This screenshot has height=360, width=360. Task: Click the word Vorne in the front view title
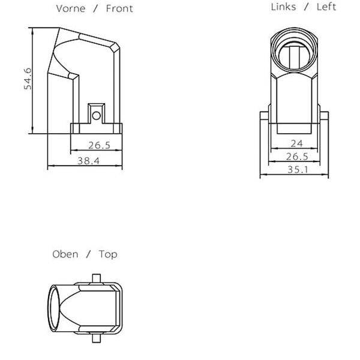click(x=71, y=9)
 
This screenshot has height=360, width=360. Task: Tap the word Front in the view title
click(x=119, y=9)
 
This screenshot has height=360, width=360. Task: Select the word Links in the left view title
click(x=283, y=7)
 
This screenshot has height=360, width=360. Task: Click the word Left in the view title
click(x=326, y=7)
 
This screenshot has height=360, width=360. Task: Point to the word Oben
click(x=65, y=254)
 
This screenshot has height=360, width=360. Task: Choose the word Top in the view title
click(x=108, y=254)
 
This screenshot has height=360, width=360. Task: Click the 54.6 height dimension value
click(x=28, y=79)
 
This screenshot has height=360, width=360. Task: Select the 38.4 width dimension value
click(x=88, y=161)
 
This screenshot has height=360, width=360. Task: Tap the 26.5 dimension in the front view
click(x=99, y=145)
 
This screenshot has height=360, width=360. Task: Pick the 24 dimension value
click(x=296, y=144)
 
